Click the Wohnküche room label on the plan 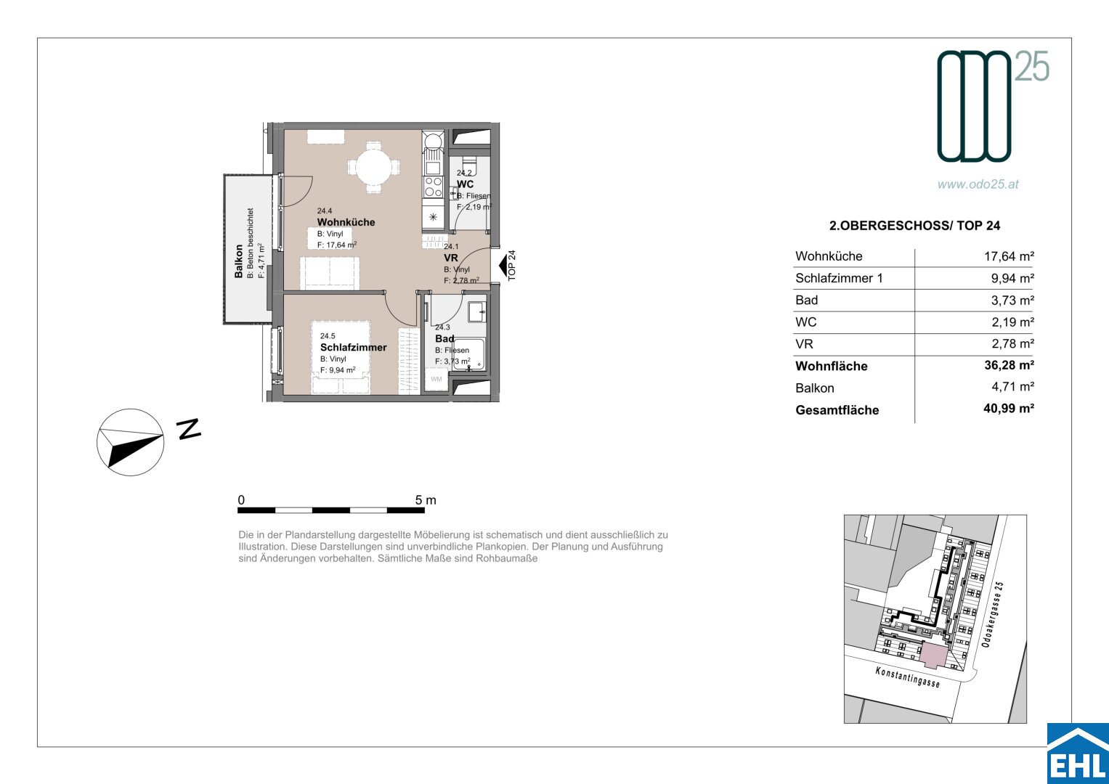click(346, 222)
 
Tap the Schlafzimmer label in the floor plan click(354, 348)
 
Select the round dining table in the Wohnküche click(374, 167)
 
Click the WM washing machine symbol click(436, 380)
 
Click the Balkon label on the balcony click(239, 261)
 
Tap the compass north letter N click(189, 428)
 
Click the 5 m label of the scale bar click(426, 500)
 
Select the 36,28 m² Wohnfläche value click(1009, 365)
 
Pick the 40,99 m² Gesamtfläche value click(1009, 408)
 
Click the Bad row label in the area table click(806, 300)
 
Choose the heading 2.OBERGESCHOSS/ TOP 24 click(914, 226)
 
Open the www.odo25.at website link click(978, 184)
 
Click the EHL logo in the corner click(1078, 754)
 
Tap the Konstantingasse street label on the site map click(907, 677)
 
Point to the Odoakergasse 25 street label click(993, 614)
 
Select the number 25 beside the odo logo click(1031, 66)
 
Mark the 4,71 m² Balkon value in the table click(1012, 386)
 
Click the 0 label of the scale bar click(241, 500)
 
